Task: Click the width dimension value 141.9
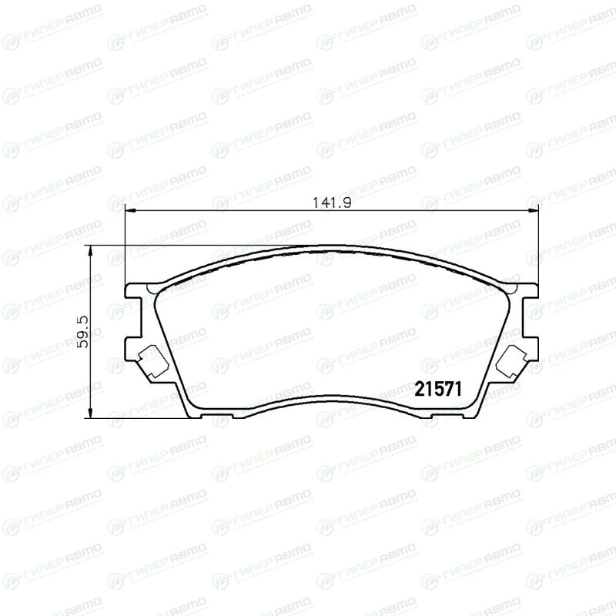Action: tap(332, 203)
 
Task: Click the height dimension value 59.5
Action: tap(83, 332)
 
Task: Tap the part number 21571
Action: tap(438, 389)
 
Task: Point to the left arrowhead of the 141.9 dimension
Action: tap(129, 211)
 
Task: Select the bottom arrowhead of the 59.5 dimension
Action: tap(90, 413)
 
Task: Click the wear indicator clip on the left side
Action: tap(152, 361)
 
